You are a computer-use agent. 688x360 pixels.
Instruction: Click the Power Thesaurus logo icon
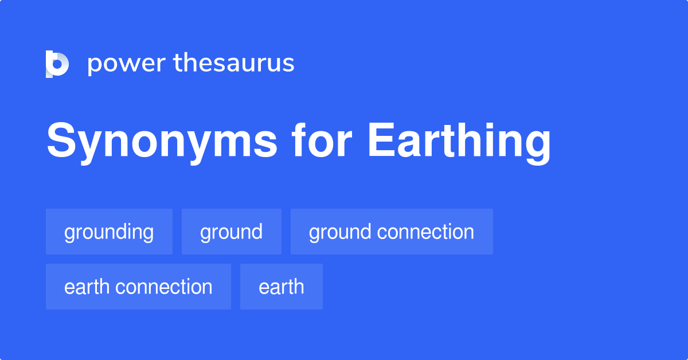click(x=57, y=64)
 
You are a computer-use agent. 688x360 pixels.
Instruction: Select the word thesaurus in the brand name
click(x=234, y=64)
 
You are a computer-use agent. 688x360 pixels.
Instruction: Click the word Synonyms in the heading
click(x=162, y=142)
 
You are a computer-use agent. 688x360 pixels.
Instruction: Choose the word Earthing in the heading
click(x=459, y=142)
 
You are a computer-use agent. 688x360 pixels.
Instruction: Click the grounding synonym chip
click(x=109, y=232)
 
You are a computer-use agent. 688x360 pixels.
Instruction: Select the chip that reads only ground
click(x=231, y=232)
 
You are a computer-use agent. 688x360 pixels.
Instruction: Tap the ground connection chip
click(x=392, y=232)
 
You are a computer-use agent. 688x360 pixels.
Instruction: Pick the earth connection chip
click(x=138, y=287)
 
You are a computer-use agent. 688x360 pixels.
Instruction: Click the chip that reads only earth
click(x=281, y=287)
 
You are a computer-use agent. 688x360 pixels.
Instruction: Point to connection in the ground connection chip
click(x=425, y=232)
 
